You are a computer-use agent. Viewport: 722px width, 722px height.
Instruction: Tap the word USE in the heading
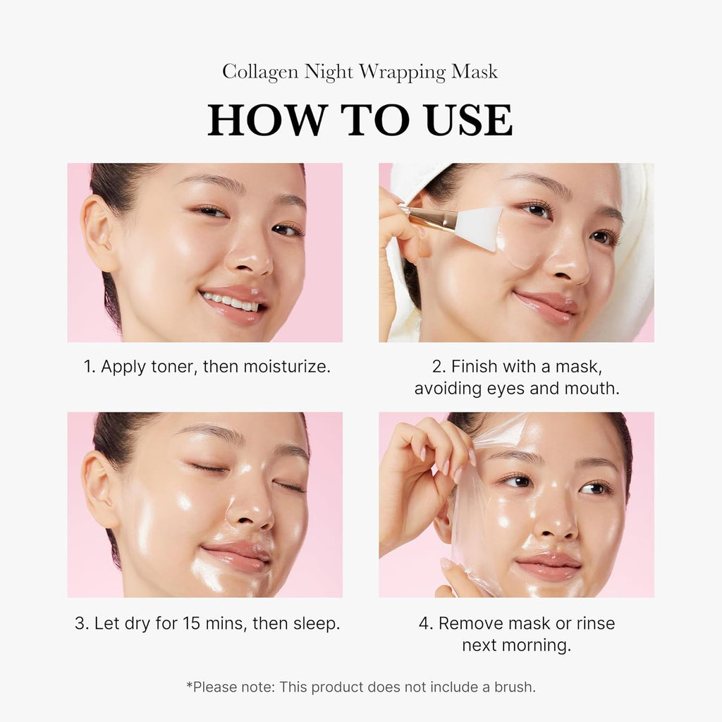click(x=466, y=121)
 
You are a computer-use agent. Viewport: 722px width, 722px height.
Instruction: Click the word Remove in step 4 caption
click(x=467, y=623)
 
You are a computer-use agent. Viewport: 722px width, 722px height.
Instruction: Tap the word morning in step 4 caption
click(x=537, y=645)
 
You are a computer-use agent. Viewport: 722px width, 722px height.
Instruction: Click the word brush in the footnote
click(x=515, y=687)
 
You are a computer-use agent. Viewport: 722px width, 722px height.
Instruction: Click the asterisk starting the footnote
click(x=189, y=685)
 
